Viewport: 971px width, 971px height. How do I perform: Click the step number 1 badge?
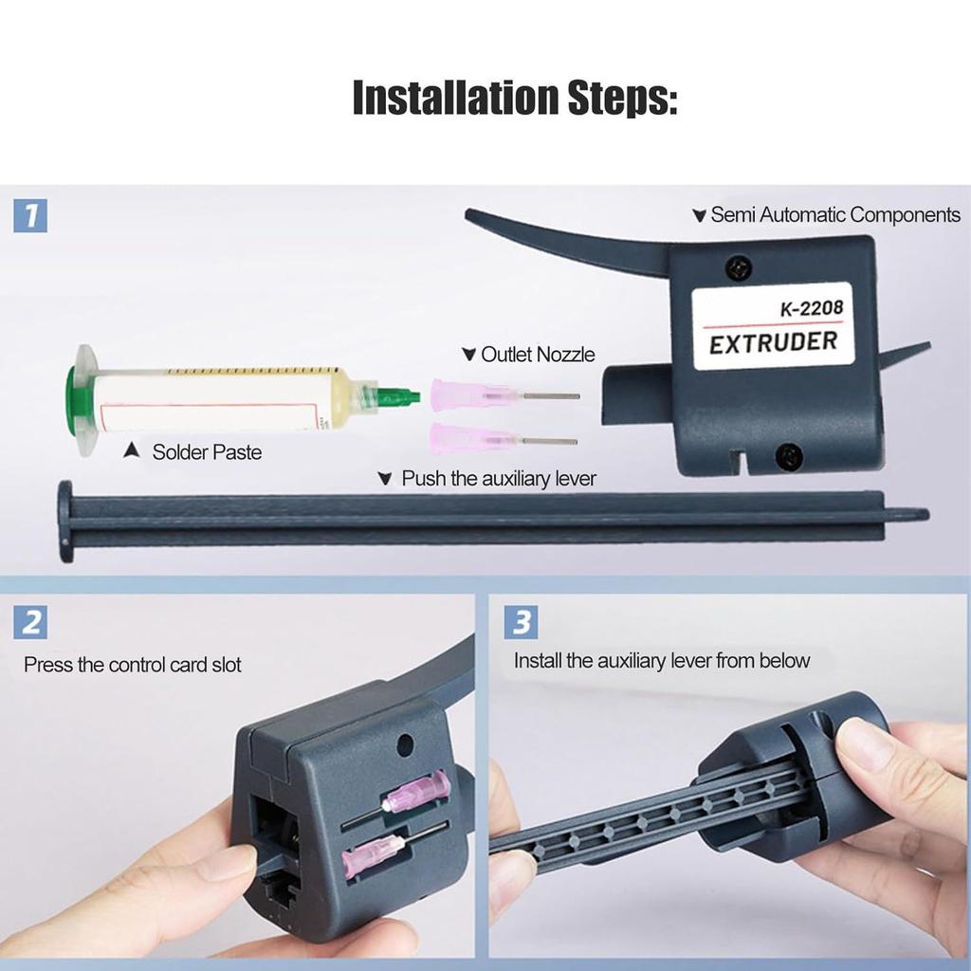[31, 215]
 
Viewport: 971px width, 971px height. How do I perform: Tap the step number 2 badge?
[31, 623]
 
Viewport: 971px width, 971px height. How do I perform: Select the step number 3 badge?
[522, 623]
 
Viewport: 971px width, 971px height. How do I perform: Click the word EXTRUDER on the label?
[773, 341]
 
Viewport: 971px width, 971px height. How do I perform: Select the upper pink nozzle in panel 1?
[464, 393]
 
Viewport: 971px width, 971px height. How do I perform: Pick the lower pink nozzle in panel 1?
[464, 439]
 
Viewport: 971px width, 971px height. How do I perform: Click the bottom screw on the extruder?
[785, 457]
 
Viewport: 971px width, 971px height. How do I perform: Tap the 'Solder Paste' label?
[206, 452]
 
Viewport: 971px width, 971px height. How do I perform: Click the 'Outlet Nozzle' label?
[537, 355]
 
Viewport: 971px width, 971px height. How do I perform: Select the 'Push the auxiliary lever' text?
[498, 479]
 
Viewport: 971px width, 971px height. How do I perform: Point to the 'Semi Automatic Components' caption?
[834, 215]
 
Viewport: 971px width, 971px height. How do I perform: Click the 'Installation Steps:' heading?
[515, 98]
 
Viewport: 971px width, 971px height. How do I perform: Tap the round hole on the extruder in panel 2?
[407, 743]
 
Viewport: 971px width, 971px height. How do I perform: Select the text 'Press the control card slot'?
[133, 665]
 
